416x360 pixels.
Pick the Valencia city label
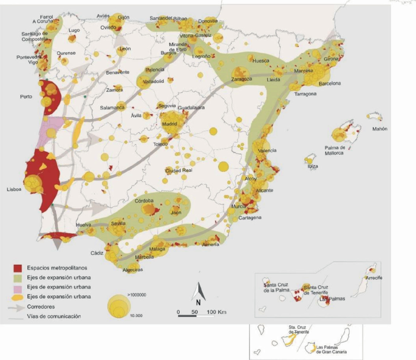tap(267, 150)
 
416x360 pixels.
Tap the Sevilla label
tap(118, 224)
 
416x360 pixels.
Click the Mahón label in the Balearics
tap(380, 129)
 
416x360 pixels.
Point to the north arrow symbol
tap(198, 297)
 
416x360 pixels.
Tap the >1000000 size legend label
tap(139, 294)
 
